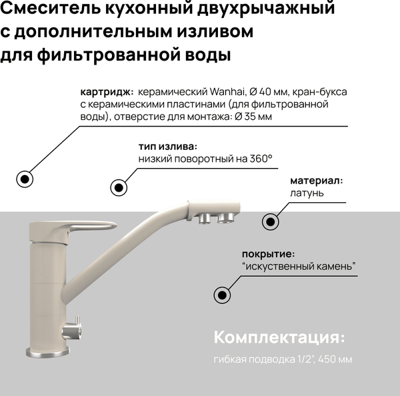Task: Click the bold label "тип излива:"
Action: (x=168, y=146)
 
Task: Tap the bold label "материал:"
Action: (x=316, y=180)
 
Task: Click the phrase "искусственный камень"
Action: (x=300, y=266)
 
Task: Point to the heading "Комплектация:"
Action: (x=280, y=336)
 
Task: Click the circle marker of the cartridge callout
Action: (x=25, y=179)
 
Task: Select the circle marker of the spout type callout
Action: (x=119, y=187)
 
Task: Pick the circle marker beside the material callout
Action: (x=270, y=222)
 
